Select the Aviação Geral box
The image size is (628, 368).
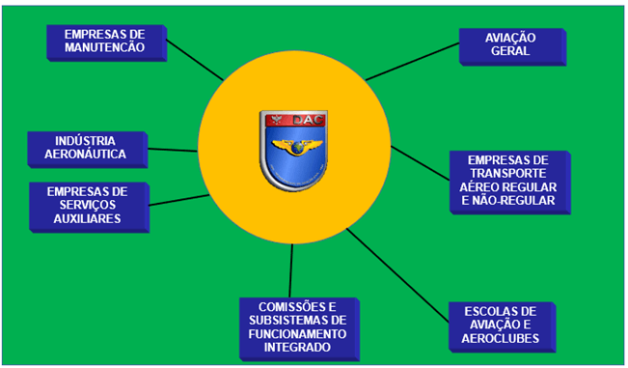point(509,44)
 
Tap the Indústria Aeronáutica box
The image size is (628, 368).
point(85,146)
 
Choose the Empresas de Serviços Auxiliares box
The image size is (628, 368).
point(87,205)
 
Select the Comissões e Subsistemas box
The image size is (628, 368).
point(296,326)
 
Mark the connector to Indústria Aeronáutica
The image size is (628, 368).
point(175,150)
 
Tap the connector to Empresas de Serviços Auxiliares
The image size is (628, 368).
point(178,200)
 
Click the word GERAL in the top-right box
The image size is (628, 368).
point(509,52)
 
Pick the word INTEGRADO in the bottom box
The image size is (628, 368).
point(296,347)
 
